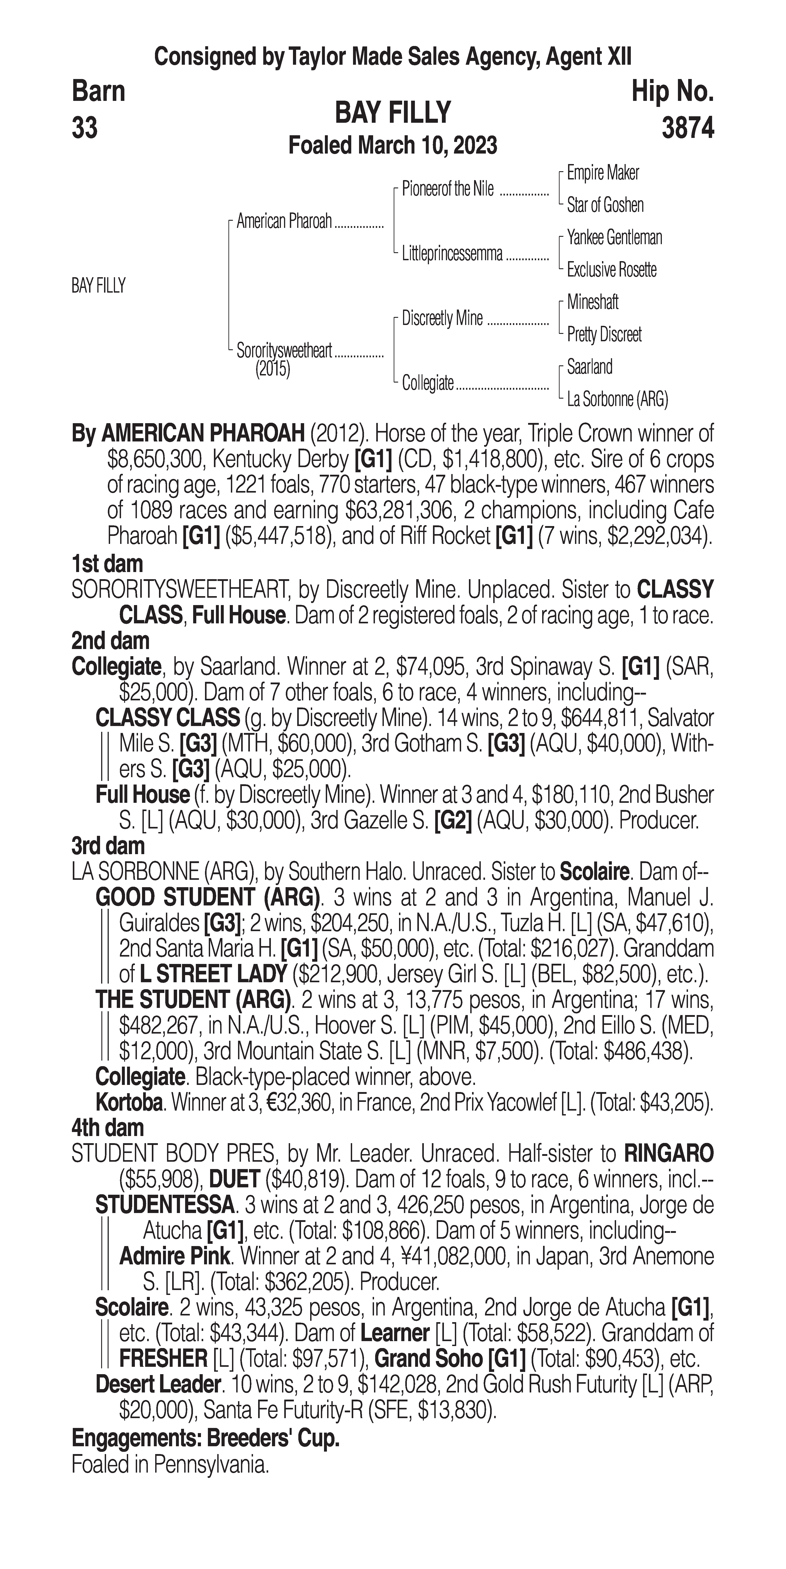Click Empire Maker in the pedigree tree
tap(603, 173)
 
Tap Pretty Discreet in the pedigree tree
tap(604, 334)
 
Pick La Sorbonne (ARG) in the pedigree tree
tap(617, 400)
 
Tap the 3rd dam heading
tap(109, 846)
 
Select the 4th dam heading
tap(108, 1128)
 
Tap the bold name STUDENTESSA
tap(165, 1205)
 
